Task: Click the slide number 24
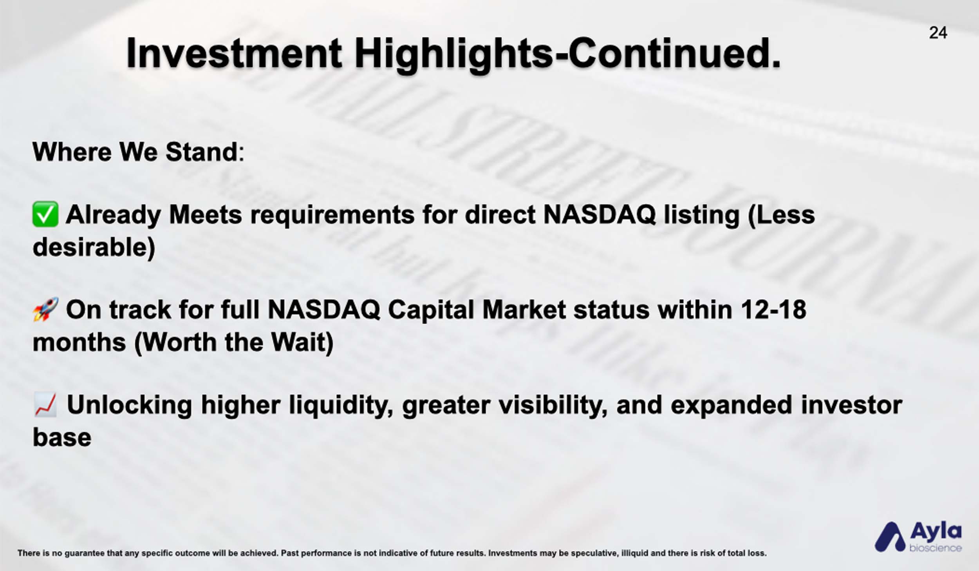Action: pyautogui.click(x=938, y=33)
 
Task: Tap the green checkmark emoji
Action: pyautogui.click(x=45, y=214)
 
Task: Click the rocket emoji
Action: pyautogui.click(x=45, y=309)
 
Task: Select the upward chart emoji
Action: pyautogui.click(x=45, y=404)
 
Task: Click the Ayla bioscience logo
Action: pyautogui.click(x=918, y=536)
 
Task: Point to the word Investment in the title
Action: pyautogui.click(x=234, y=53)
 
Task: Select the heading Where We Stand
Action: pyautogui.click(x=138, y=152)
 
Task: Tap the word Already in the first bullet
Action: pyautogui.click(x=114, y=216)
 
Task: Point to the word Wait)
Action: pyautogui.click(x=302, y=343)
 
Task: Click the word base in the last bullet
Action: pyautogui.click(x=62, y=437)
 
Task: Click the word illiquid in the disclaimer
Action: pyautogui.click(x=635, y=553)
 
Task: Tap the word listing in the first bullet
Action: pyautogui.click(x=701, y=216)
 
